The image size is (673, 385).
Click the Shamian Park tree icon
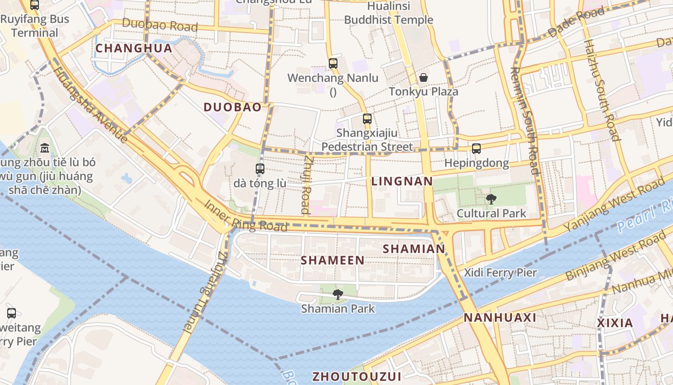tap(338, 294)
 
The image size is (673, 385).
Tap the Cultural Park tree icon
tap(491, 199)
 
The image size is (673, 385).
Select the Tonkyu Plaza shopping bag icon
tap(424, 77)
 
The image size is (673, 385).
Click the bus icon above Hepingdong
tap(476, 148)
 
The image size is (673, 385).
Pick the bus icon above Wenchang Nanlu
tap(333, 63)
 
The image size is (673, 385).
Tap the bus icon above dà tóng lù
tap(260, 168)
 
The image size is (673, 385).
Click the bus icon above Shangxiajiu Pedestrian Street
tap(367, 118)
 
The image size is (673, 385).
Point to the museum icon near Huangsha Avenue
tap(45, 147)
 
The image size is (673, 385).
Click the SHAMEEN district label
tap(332, 260)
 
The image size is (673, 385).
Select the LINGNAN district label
tap(402, 181)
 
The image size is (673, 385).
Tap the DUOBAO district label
tap(233, 107)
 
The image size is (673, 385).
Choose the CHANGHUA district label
tap(134, 48)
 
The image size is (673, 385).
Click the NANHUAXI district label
tap(500, 318)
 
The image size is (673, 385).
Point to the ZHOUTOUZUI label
tap(357, 376)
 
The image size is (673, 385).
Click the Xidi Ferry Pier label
tap(500, 273)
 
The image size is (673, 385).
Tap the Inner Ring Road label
tap(246, 215)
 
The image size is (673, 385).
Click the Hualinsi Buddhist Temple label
tap(388, 13)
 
